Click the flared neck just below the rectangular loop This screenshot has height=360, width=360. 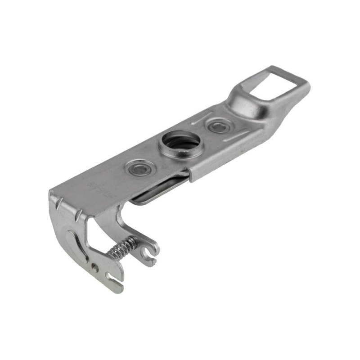245,101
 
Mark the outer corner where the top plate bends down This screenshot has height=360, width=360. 50,194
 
